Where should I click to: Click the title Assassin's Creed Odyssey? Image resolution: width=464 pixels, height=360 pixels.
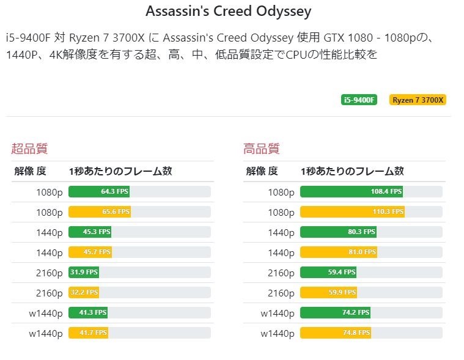point(229,11)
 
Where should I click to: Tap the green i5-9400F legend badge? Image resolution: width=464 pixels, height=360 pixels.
point(359,100)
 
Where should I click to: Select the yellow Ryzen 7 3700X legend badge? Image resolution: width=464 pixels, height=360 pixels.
point(418,100)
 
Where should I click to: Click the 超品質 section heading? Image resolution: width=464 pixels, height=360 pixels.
point(29,149)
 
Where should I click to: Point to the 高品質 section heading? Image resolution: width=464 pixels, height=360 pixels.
point(262,149)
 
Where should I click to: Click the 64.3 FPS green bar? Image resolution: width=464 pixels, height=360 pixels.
point(99,192)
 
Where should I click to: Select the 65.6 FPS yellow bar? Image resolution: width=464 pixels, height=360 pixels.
point(99,212)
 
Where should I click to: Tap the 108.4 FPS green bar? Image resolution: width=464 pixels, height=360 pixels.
point(352,192)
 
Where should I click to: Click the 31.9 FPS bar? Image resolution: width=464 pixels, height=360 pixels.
point(84,273)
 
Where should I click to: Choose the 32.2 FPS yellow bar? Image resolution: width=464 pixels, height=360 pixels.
point(84,293)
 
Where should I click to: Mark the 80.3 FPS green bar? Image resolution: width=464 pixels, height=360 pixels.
point(338,232)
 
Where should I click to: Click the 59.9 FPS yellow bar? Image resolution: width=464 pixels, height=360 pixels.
point(329,293)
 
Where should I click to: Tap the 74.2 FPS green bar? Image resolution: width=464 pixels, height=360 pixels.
point(335,313)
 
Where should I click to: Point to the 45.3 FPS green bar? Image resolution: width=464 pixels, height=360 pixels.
point(90,232)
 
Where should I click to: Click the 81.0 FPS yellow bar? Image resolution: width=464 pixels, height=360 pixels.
point(339,252)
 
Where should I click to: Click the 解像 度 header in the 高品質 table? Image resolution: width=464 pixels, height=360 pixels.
point(262,171)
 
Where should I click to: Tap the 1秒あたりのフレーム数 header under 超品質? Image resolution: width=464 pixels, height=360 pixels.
point(120,171)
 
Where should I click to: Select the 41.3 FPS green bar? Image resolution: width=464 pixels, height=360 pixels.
point(88,313)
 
